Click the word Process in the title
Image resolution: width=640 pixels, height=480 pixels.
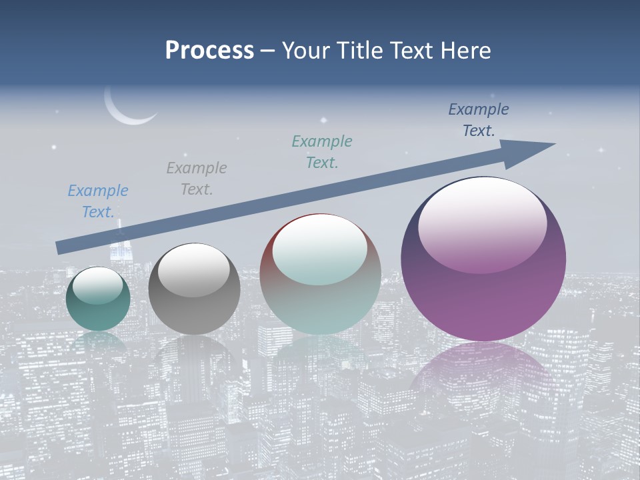[209, 51]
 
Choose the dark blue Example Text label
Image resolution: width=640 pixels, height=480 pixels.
[478, 120]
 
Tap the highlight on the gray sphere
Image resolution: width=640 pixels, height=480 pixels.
[193, 270]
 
